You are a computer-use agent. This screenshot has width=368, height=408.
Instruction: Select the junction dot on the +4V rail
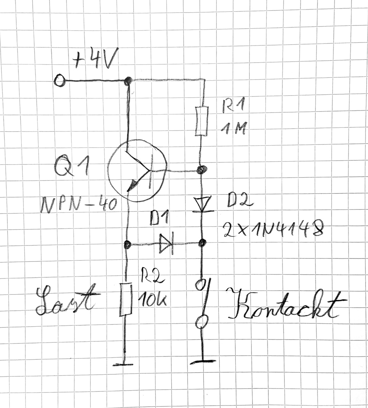tap(128, 81)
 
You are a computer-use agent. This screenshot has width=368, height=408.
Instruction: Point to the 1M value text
tap(233, 128)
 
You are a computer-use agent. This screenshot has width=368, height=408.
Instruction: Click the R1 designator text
tap(233, 105)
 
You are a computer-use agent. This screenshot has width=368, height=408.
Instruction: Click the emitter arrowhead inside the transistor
tap(133, 185)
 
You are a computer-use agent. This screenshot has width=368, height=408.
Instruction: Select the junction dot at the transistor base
tap(202, 169)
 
